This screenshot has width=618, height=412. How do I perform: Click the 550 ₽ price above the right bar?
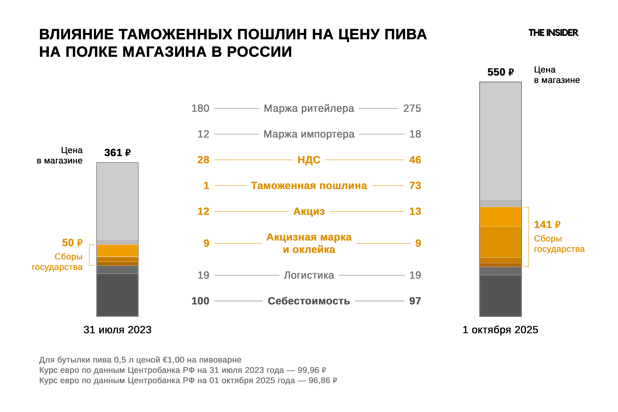coord(500,72)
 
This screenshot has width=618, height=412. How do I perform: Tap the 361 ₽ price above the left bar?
coord(117,152)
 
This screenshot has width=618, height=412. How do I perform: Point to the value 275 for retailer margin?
coord(412,108)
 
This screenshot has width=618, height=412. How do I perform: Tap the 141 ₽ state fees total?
coord(547,225)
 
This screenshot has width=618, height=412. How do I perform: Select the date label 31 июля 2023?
coord(117,330)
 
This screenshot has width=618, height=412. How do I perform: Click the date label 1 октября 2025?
coord(500,330)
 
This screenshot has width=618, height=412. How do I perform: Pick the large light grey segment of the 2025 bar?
coord(500,141)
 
